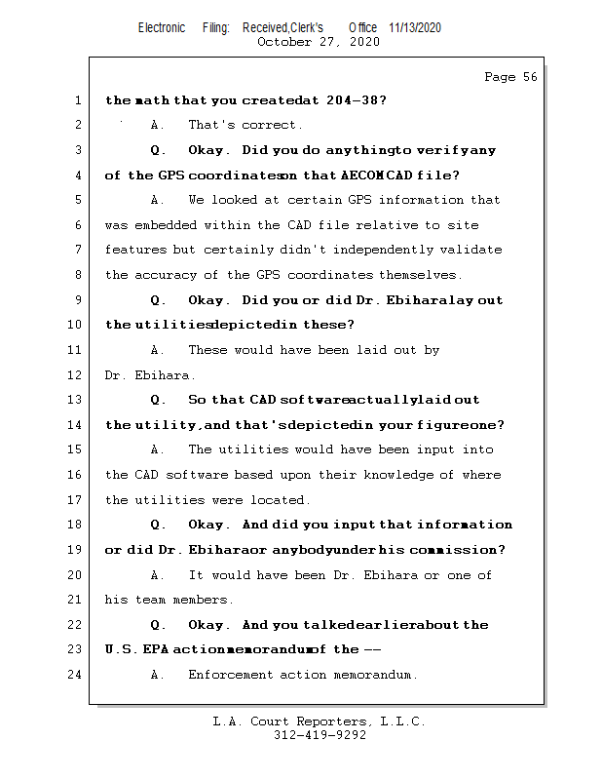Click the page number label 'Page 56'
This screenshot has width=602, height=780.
[x=510, y=77]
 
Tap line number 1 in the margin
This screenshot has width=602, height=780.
[x=77, y=100]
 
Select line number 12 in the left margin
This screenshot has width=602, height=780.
[x=74, y=375]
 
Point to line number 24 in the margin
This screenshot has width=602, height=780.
[x=74, y=675]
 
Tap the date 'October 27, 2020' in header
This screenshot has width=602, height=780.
[x=318, y=42]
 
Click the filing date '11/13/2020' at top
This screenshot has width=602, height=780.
[x=414, y=27]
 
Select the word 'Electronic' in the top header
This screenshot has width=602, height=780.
[x=162, y=27]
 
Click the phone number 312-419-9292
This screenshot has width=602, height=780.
[x=320, y=735]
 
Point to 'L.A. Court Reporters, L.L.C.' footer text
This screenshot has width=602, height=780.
[x=320, y=721]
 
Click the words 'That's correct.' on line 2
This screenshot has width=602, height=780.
[x=245, y=125]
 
